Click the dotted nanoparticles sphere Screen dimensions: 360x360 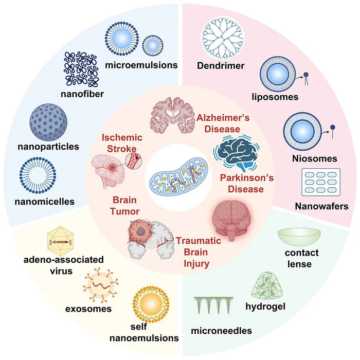50,120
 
